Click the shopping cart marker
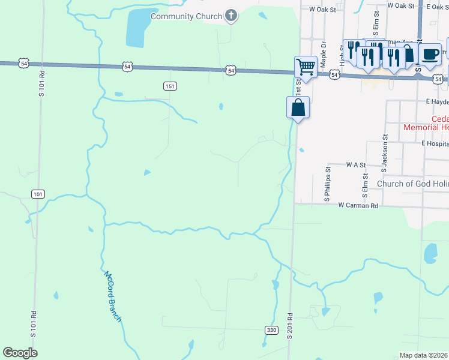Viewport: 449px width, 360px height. [306, 66]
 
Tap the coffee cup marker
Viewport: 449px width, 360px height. [430, 53]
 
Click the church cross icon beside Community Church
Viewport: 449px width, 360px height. [231, 16]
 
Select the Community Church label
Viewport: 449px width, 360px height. [186, 16]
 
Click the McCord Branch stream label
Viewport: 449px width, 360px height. [113, 297]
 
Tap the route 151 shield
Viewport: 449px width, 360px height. [171, 86]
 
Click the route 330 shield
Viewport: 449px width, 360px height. [271, 330]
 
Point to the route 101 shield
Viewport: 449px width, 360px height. [38, 194]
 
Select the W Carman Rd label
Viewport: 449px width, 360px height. [358, 205]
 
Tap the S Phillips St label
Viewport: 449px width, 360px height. [328, 182]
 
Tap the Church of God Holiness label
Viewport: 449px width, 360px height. [412, 184]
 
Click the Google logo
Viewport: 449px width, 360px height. [20, 353]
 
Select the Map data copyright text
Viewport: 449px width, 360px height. [424, 355]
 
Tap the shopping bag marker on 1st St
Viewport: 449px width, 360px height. [298, 108]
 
